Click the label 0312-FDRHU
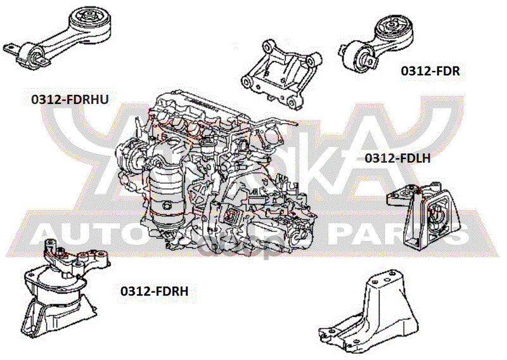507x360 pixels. [70, 100]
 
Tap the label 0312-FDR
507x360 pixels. [430, 72]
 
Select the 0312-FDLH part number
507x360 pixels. [398, 158]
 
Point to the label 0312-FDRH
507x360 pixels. [155, 291]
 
